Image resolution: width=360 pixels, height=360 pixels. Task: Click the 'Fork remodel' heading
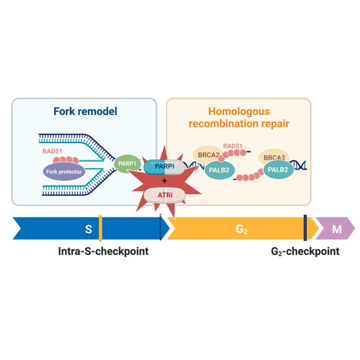coord(85,112)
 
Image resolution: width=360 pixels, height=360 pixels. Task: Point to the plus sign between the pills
coord(164,181)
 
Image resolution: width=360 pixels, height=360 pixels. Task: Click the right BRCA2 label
coord(275,158)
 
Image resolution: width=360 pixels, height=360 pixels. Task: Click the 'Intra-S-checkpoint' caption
coord(103,252)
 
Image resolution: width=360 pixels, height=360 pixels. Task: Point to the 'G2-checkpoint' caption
coord(305,252)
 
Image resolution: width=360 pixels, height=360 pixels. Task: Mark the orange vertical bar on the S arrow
coord(100,229)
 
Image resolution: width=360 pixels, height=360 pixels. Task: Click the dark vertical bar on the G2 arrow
coord(305,228)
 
